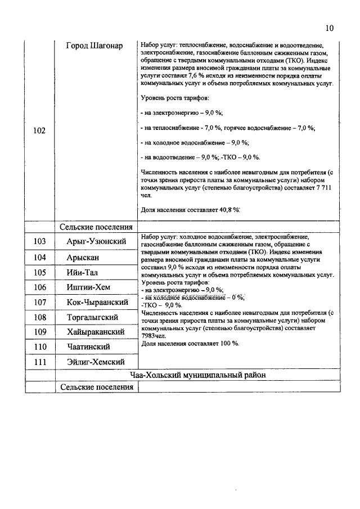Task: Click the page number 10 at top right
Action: pyautogui.click(x=330, y=28)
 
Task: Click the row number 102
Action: pyautogui.click(x=39, y=130)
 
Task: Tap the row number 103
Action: pyautogui.click(x=39, y=241)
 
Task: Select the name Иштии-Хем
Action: pyautogui.click(x=88, y=287)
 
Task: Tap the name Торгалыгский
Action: pyautogui.click(x=91, y=317)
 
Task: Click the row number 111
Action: pyautogui.click(x=39, y=362)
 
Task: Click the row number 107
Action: pyautogui.click(x=39, y=303)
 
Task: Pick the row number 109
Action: pyautogui.click(x=39, y=332)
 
